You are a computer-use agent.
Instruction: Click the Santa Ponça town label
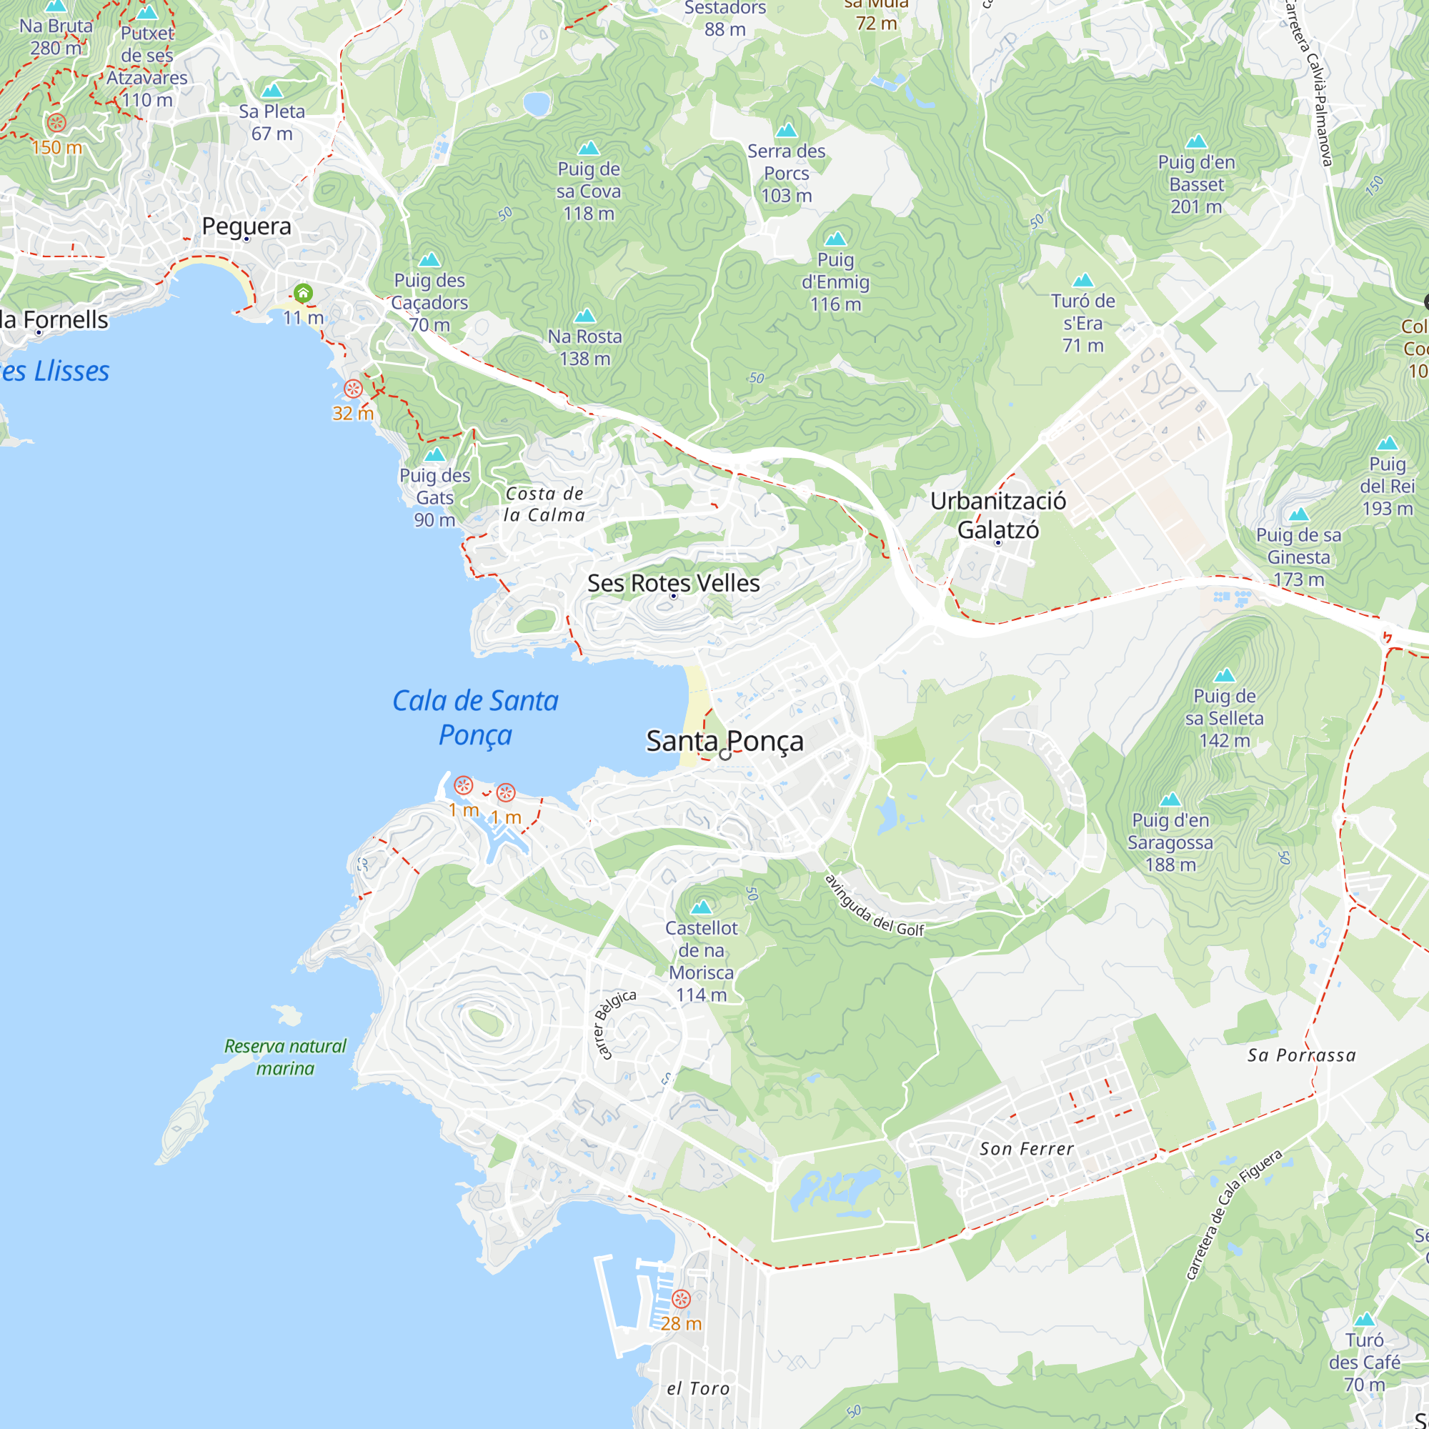tap(724, 740)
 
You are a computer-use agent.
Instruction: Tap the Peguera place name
tap(247, 226)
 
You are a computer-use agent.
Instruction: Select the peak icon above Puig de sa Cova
tap(588, 148)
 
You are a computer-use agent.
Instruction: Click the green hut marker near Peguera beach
tap(302, 293)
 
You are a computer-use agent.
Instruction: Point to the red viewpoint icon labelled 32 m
tap(353, 388)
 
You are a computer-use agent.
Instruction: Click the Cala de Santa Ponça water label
tap(475, 717)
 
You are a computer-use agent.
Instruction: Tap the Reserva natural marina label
tap(285, 1056)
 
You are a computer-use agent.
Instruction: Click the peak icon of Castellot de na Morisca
tap(700, 906)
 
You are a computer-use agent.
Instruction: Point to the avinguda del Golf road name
tap(875, 906)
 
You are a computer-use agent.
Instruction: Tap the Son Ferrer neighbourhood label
tap(1026, 1149)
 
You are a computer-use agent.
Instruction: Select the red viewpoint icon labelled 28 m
tap(680, 1298)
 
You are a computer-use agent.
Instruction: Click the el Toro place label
tap(697, 1388)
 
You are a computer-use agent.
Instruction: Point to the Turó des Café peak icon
tap(1364, 1318)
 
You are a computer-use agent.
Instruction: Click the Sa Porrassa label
tap(1301, 1055)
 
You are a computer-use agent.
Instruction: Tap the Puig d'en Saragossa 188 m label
tap(1170, 842)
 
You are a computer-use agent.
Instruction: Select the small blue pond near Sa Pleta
tap(537, 104)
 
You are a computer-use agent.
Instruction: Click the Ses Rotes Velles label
tap(673, 583)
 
